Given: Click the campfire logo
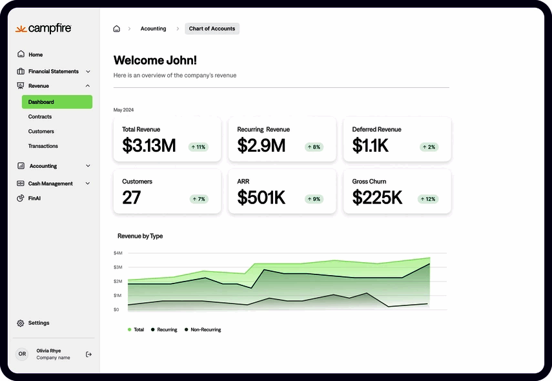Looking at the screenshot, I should point(43,29).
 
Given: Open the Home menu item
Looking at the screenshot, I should point(35,55).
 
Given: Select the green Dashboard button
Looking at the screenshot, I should point(57,102).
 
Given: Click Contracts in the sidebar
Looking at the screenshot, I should point(40,117).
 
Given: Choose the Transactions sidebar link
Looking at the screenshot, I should point(43,146).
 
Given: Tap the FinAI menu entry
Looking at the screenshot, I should point(35,198).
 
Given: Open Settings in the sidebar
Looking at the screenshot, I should point(38,323).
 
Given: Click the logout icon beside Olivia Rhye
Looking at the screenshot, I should point(88,354).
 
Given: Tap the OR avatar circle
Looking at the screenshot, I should point(22,354).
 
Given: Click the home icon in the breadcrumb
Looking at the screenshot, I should point(116,28).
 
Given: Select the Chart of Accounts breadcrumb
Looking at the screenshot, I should point(212,28).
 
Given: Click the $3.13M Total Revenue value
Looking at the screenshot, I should point(148,146).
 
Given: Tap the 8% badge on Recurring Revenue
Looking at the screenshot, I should point(313,147).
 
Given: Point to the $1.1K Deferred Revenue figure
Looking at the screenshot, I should point(370,146).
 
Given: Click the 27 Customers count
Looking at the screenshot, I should point(131,198).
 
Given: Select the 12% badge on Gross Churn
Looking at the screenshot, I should point(428,199).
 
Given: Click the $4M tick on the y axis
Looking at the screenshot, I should point(118,253).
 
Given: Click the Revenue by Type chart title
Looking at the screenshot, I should point(140,236).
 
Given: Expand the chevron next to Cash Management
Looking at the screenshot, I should point(88,183).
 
